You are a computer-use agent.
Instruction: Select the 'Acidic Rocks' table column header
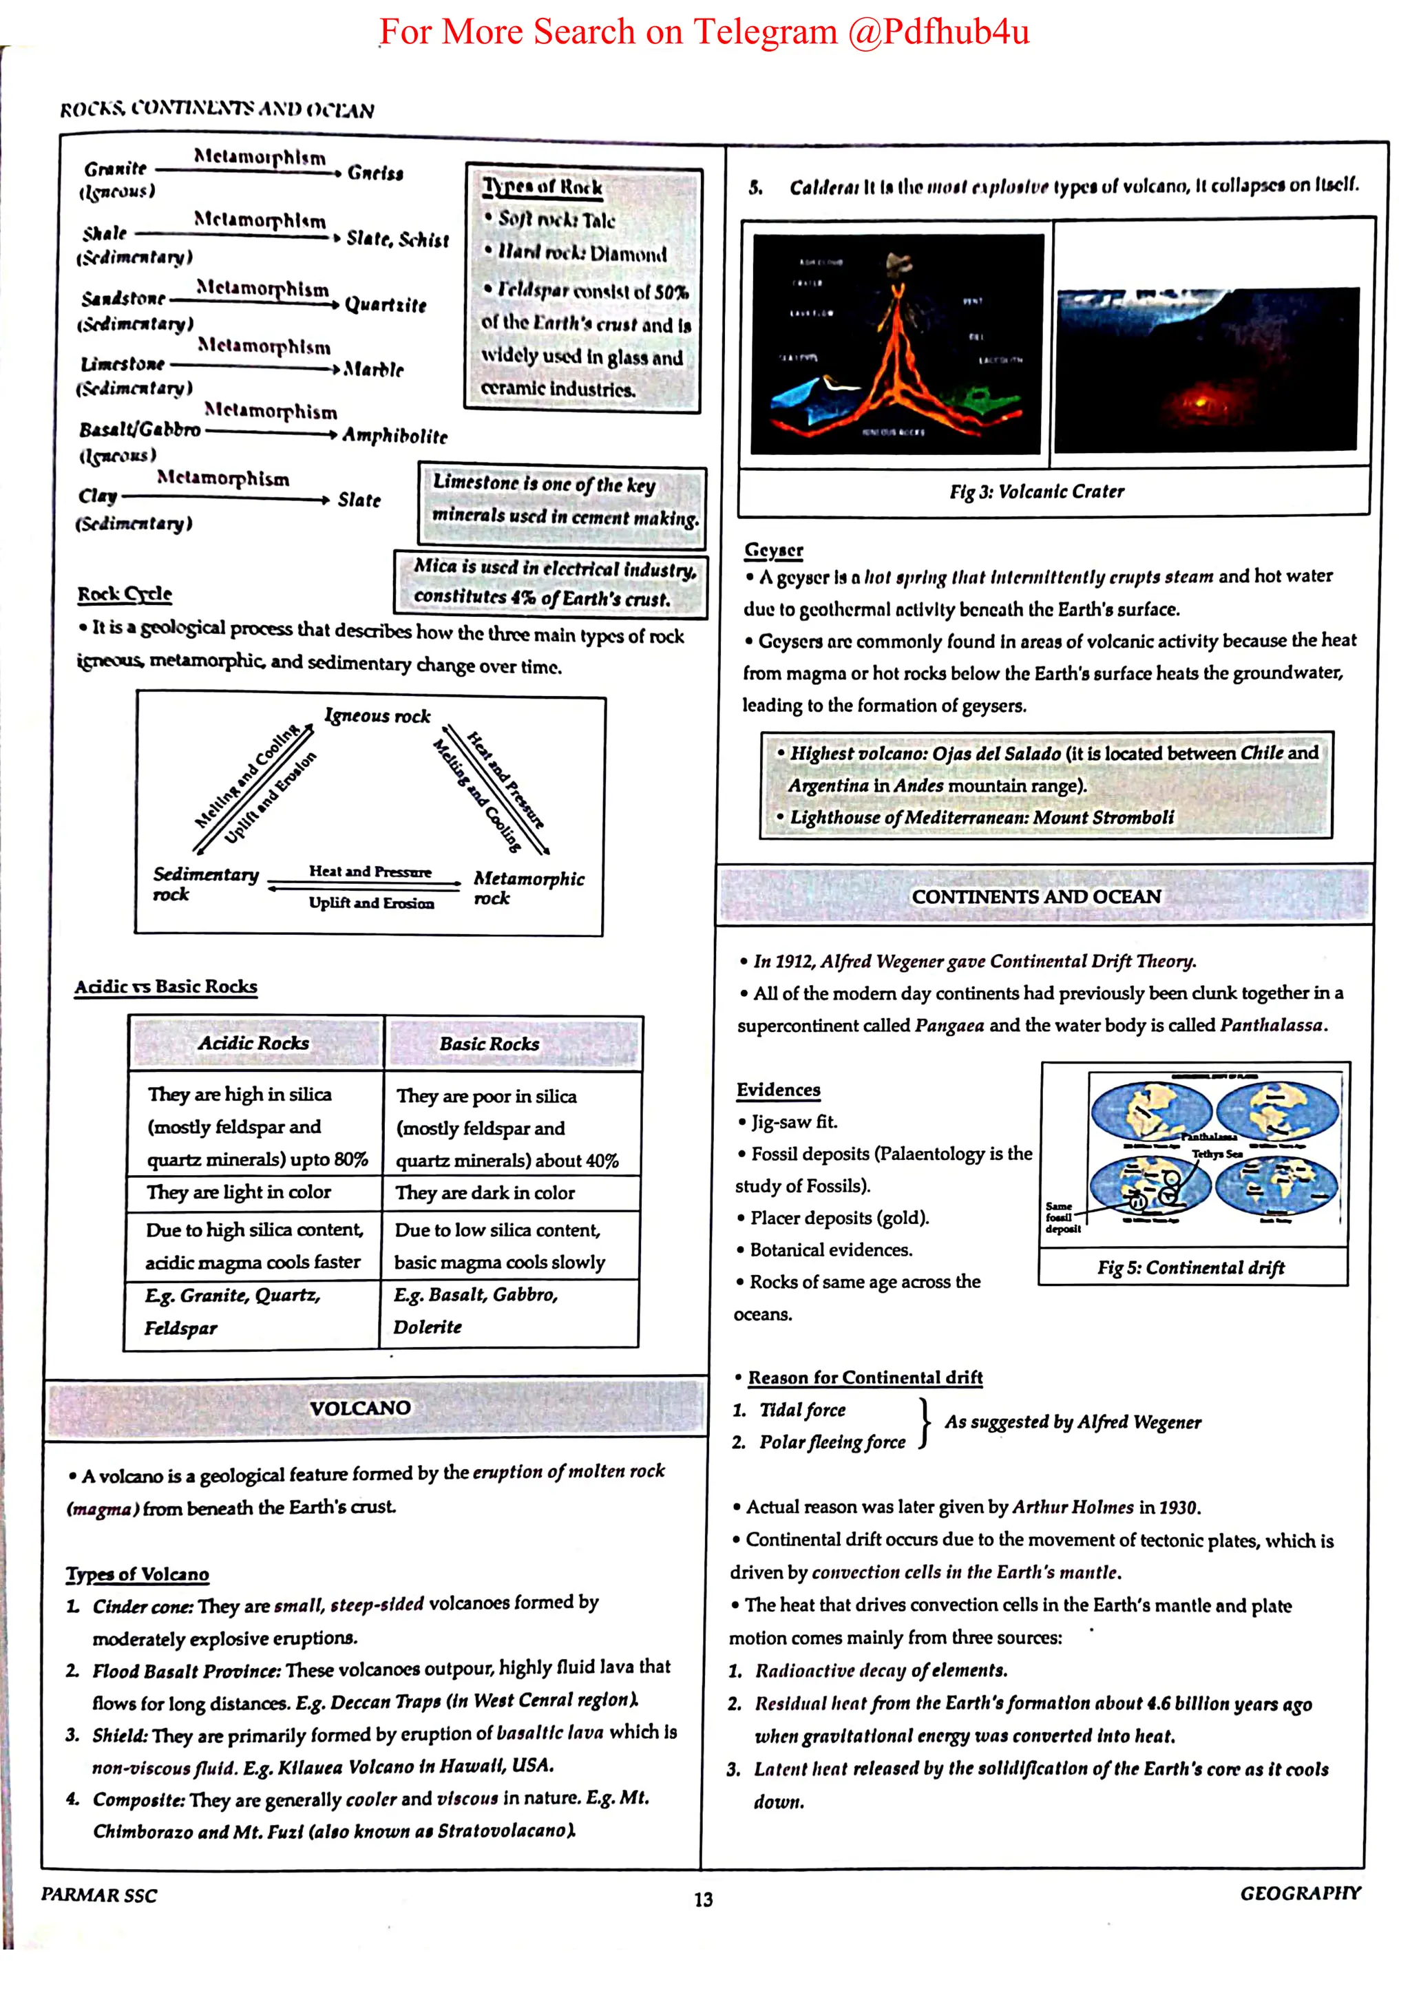pos(253,1043)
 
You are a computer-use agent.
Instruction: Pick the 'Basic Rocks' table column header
pos(489,1044)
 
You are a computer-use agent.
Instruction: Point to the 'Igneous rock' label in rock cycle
pos(378,715)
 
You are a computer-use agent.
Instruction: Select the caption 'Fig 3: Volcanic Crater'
pos(1036,492)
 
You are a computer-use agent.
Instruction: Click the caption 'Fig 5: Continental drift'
pos(1190,1268)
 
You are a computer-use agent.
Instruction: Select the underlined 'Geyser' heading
pos(773,550)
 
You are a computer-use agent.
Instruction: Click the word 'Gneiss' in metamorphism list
pos(375,173)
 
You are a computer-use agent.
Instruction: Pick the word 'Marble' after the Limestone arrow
pos(374,369)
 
